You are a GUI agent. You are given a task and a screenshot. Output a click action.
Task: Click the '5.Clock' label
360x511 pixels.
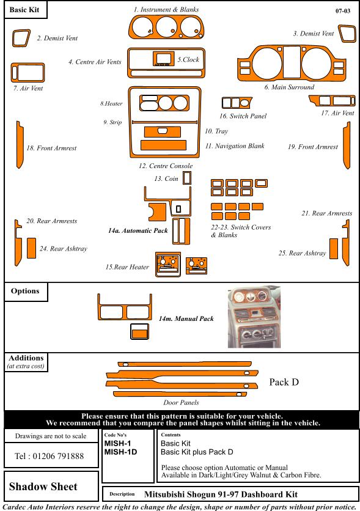pyautogui.click(x=188, y=60)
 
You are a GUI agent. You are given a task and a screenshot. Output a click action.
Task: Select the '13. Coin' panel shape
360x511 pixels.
pyautogui.click(x=186, y=178)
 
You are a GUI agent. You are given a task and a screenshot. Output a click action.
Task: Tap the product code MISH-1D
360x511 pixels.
pyautogui.click(x=120, y=452)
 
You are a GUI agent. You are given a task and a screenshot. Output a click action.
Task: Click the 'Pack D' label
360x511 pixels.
pyautogui.click(x=284, y=382)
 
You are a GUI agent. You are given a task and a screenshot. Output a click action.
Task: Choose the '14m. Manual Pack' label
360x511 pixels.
pyautogui.click(x=186, y=318)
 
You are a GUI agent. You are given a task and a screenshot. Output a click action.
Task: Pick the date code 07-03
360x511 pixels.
pyautogui.click(x=343, y=11)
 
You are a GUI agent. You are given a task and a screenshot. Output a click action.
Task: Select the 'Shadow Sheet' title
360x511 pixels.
pyautogui.click(x=43, y=487)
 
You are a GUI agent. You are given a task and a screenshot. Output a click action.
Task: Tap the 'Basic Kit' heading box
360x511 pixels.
pyautogui.click(x=26, y=10)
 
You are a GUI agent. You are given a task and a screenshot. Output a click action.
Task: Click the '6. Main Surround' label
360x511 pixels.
pyautogui.click(x=289, y=87)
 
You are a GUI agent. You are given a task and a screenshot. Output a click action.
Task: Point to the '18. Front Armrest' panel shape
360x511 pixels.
pyautogui.click(x=20, y=145)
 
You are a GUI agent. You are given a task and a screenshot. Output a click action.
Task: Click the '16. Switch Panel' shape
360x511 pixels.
pyautogui.click(x=237, y=103)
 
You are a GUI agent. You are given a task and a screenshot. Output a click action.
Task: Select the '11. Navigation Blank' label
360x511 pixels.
pyautogui.click(x=235, y=146)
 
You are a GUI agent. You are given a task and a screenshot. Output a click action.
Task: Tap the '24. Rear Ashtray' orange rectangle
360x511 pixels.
pyautogui.click(x=31, y=248)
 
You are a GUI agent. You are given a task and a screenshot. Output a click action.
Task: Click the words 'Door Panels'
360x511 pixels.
pyautogui.click(x=181, y=402)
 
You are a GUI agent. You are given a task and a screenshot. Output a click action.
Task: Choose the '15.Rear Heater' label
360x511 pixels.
pyautogui.click(x=127, y=267)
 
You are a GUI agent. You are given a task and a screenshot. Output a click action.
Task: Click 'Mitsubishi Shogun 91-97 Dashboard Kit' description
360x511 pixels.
pyautogui.click(x=221, y=494)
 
